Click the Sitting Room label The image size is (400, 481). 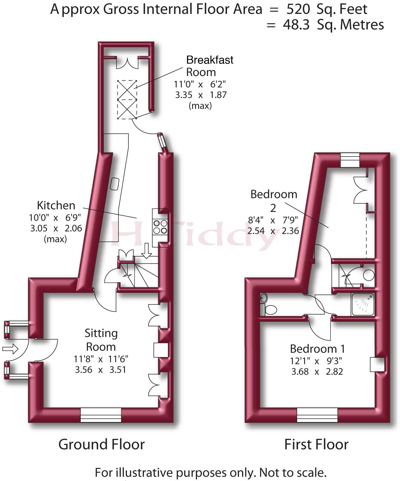click(101, 340)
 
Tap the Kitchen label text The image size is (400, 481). click(56, 205)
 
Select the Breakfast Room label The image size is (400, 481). click(210, 66)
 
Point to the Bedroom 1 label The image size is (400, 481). click(317, 349)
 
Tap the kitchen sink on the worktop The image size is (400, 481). click(115, 184)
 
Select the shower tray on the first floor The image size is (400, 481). click(363, 304)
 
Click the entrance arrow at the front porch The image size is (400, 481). click(10, 349)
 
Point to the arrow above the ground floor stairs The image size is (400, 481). click(146, 251)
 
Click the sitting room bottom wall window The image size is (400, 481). click(101, 415)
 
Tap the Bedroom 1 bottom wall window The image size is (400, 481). click(317, 415)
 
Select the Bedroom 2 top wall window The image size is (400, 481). click(350, 160)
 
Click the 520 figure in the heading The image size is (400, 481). click(298, 9)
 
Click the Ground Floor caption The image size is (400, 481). click(102, 444)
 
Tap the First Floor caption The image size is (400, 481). click(316, 444)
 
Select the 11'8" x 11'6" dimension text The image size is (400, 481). click(101, 359)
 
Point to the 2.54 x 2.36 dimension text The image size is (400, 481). click(273, 231)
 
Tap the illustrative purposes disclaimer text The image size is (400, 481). click(211, 473)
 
